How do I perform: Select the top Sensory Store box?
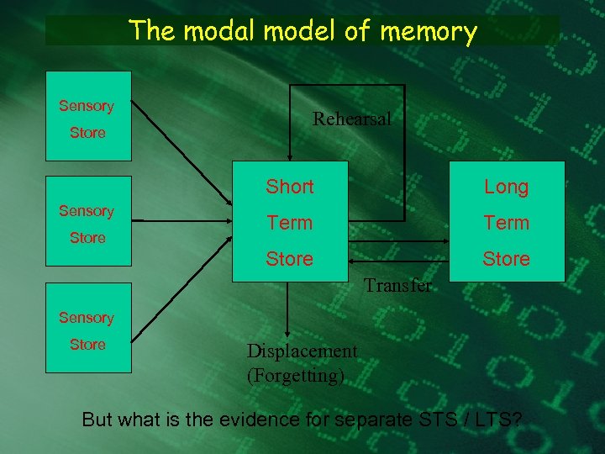pos(87,116)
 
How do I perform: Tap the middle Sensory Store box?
pos(87,221)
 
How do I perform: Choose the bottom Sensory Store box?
pos(87,328)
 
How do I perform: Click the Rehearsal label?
pos(352,119)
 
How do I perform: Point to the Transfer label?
pos(398,285)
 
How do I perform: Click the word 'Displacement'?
pos(302,351)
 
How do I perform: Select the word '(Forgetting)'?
pos(295,375)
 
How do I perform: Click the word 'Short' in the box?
pos(289,187)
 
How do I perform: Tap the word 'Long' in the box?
pos(506,187)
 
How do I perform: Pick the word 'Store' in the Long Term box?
pos(506,259)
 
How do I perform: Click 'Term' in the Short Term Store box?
pos(289,223)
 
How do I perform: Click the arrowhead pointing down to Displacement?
pos(288,333)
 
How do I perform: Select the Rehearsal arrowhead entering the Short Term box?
pos(288,156)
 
